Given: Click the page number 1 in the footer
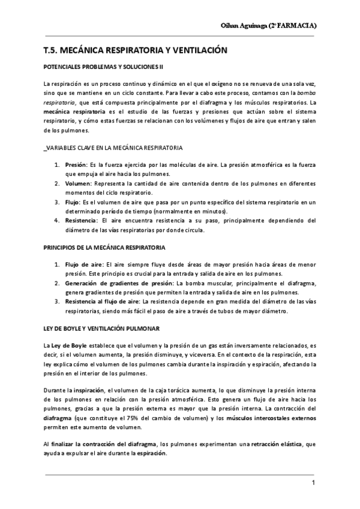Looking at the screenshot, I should pos(313,483).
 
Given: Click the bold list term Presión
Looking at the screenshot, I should pos(76,164).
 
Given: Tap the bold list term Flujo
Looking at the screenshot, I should pos(73,203).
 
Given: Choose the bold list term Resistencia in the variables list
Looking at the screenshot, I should pos(80,221).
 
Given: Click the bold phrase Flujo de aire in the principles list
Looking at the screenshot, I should pos(84,264).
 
